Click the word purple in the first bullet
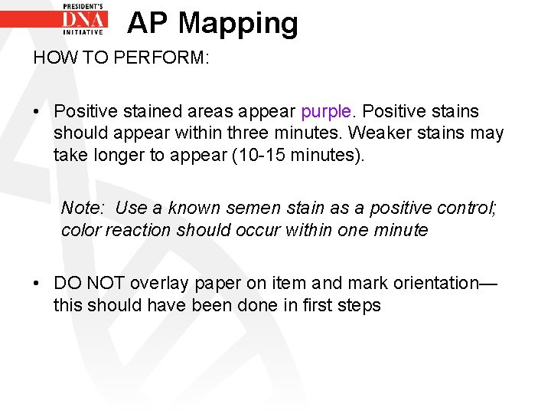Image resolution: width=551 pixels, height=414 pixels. [325, 112]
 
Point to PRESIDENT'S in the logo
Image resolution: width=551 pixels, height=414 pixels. [85, 5]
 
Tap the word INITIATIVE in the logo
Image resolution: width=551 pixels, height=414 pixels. [85, 32]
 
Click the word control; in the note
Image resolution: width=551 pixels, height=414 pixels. [465, 208]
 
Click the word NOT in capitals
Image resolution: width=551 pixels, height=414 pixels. [100, 284]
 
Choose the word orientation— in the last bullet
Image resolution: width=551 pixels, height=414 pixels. [445, 284]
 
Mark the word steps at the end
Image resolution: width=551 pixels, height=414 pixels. [362, 305]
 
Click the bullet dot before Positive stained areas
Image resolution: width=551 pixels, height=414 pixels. [37, 113]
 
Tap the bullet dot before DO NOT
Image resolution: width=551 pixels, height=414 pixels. [37, 284]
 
